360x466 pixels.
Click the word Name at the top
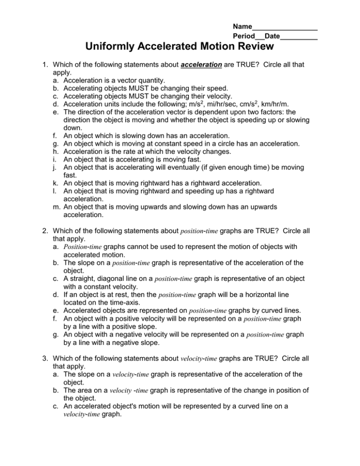point(242,27)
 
